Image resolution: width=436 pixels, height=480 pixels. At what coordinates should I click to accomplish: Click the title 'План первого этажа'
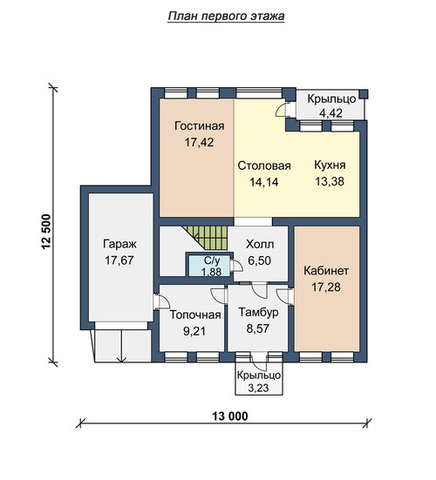tap(226, 17)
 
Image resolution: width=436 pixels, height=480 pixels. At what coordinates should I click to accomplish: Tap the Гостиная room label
tap(200, 125)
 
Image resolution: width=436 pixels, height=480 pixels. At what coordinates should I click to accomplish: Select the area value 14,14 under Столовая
tap(264, 182)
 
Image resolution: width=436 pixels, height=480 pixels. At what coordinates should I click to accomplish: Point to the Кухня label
tap(330, 165)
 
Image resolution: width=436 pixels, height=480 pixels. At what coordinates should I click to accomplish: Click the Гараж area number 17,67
tap(119, 260)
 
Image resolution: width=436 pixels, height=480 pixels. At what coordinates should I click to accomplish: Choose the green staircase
tap(208, 238)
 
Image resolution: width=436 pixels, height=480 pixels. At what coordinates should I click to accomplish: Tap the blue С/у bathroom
tap(209, 265)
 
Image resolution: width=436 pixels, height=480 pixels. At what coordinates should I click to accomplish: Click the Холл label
tap(260, 244)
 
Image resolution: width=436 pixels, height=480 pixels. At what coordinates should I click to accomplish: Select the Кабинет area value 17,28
tap(326, 287)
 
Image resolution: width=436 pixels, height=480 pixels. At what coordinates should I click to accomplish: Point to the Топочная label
tap(195, 314)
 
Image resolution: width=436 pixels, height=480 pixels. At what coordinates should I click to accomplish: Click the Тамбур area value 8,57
tap(258, 328)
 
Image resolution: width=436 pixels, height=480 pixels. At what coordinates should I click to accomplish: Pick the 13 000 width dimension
tap(230, 416)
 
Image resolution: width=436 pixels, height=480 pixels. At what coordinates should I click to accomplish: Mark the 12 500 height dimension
tap(46, 232)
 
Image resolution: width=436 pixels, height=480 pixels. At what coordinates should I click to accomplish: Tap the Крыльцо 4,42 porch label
tap(331, 106)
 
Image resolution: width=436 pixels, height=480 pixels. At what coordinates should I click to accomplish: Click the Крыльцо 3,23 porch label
tap(259, 382)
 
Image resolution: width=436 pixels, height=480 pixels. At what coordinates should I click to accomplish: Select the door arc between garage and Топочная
tap(164, 300)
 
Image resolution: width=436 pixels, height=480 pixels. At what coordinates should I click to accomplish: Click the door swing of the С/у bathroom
tap(237, 266)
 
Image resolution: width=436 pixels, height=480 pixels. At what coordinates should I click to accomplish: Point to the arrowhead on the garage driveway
tap(122, 359)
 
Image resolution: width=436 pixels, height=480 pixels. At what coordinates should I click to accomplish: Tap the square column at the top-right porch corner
tap(364, 94)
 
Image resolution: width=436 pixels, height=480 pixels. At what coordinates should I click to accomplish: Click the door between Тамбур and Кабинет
tap(284, 296)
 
